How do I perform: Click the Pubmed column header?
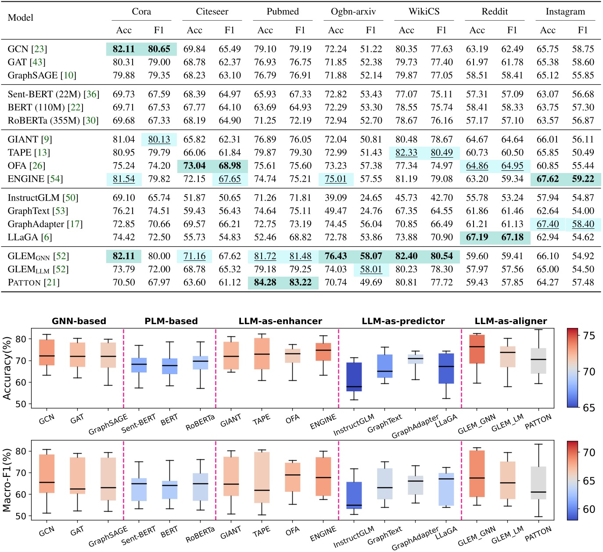(283, 11)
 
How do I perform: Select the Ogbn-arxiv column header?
(353, 11)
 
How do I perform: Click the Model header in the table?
(21, 18)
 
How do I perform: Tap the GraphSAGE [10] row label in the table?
(42, 75)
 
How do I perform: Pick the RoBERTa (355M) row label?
(53, 120)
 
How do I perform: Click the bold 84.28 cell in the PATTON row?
(265, 282)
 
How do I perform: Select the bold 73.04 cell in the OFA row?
(194, 166)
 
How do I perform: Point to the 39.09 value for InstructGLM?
(336, 198)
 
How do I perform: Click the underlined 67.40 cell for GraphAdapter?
(548, 224)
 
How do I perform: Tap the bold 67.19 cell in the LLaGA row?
(477, 237)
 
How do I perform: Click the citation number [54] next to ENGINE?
(55, 179)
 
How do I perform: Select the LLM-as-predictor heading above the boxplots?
(403, 321)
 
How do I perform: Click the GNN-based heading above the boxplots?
(79, 321)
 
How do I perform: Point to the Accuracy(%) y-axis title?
(7, 368)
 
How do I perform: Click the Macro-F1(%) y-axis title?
(7, 480)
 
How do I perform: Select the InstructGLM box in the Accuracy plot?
(354, 377)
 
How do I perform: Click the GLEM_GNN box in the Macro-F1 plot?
(477, 474)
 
